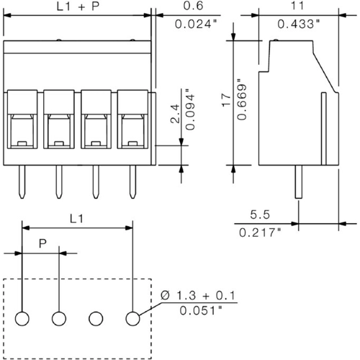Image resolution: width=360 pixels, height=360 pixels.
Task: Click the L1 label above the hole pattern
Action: point(78,217)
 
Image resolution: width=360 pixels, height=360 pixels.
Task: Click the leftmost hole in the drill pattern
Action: point(22,318)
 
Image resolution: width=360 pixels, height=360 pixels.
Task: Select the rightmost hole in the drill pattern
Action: point(132,318)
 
